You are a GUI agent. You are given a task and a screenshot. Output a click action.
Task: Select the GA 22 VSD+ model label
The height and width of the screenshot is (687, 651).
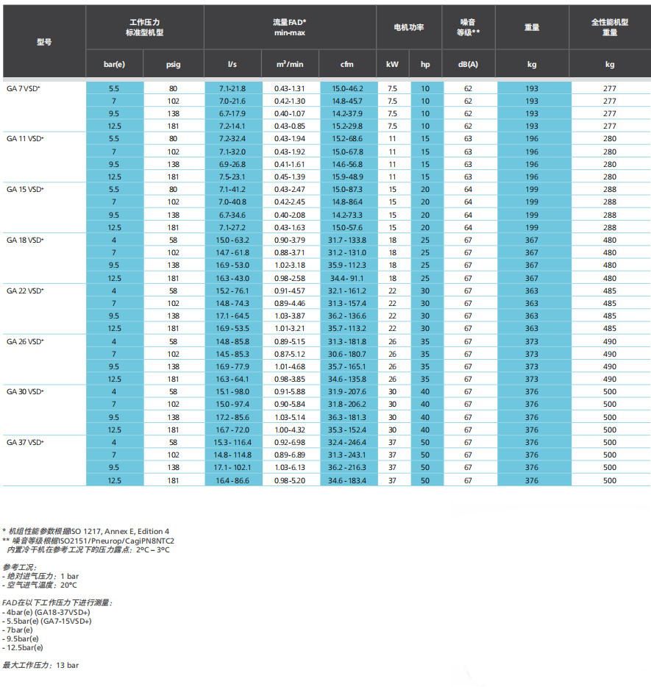(x=25, y=291)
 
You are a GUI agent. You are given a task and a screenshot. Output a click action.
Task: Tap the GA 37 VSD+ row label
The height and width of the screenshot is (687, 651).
(x=25, y=442)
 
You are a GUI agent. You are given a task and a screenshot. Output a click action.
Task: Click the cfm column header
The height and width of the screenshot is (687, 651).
(x=347, y=65)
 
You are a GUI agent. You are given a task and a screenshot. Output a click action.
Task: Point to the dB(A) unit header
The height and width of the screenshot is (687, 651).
(x=468, y=65)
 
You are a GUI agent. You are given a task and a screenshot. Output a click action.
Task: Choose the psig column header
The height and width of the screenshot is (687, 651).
(x=173, y=65)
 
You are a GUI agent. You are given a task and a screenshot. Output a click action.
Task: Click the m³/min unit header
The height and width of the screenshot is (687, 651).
(x=290, y=65)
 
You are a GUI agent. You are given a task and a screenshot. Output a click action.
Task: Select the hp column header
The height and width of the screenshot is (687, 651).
(x=425, y=65)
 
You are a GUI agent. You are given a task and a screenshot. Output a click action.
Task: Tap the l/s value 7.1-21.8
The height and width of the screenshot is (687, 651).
(x=232, y=88)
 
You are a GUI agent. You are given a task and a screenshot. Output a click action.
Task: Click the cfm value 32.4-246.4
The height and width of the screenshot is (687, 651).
(x=348, y=442)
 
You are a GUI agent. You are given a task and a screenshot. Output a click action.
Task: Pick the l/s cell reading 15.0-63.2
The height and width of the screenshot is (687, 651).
(x=232, y=240)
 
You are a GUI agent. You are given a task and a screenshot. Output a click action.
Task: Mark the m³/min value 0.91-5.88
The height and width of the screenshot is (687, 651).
(x=290, y=391)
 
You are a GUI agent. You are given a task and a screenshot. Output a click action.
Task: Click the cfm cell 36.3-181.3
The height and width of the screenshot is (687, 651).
(x=348, y=417)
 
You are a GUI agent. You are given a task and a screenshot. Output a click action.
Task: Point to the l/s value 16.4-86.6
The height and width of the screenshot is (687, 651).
(x=232, y=480)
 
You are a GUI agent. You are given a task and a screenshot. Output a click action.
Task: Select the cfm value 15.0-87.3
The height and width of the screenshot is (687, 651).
(x=348, y=190)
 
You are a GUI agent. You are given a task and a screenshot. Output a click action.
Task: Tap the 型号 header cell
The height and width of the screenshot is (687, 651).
(x=44, y=42)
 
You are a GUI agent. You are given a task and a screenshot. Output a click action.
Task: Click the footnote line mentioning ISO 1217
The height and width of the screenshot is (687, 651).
(x=86, y=530)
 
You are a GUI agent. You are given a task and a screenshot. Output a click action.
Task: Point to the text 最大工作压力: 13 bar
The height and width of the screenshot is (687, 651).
(x=40, y=665)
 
